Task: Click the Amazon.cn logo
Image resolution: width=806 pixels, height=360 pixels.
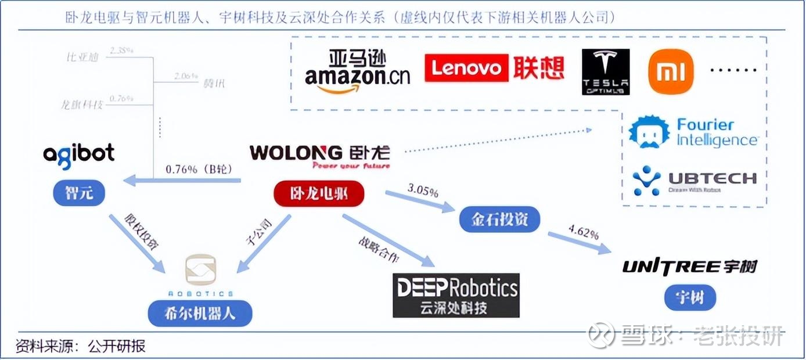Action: (357, 72)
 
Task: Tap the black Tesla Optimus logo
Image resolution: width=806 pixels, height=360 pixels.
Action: (605, 72)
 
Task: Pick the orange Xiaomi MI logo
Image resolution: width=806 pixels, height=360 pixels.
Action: (671, 72)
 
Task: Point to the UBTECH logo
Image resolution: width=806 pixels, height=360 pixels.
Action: (694, 180)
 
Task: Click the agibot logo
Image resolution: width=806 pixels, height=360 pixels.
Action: (79, 154)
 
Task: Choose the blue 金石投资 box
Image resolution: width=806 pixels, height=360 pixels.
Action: (499, 220)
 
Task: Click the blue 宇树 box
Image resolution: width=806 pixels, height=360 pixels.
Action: (690, 298)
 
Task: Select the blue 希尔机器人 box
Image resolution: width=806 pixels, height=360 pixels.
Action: (200, 314)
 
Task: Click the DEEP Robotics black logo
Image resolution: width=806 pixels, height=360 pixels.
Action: (455, 295)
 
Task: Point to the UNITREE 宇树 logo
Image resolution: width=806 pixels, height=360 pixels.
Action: (690, 267)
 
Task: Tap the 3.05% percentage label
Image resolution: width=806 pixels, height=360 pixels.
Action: (423, 191)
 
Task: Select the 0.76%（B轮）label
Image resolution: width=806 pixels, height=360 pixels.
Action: (199, 170)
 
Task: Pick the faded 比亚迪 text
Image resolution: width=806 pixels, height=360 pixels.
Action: (82, 57)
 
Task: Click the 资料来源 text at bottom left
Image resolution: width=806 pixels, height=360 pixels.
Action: (46, 347)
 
